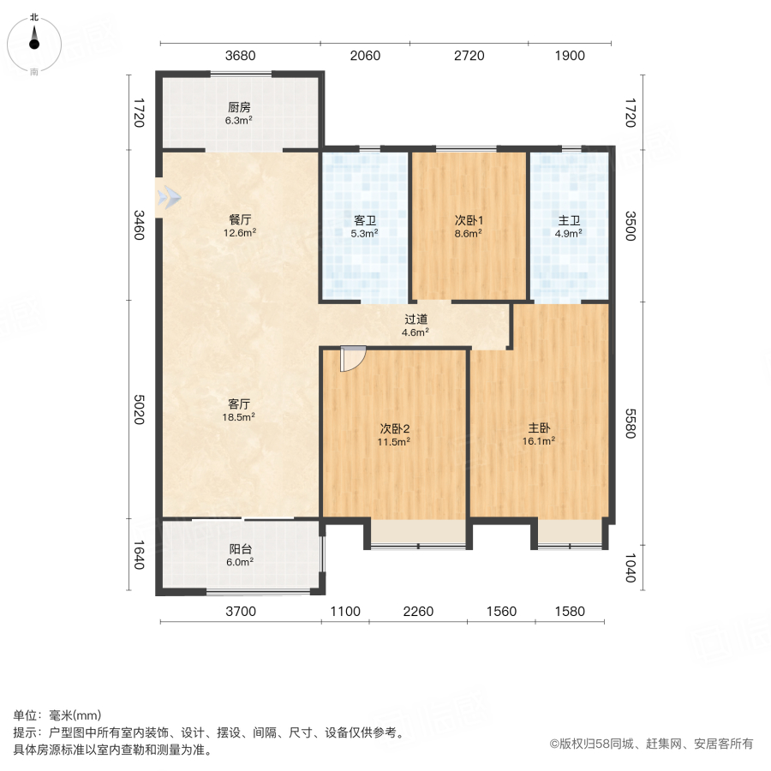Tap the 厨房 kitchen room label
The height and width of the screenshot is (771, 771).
tap(239, 108)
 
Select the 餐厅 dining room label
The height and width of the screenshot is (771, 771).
tap(239, 218)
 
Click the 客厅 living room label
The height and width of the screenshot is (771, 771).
tap(239, 403)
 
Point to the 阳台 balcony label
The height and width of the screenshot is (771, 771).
tap(239, 550)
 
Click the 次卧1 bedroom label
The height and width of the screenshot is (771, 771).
tap(468, 219)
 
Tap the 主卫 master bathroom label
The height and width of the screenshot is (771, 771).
tap(569, 219)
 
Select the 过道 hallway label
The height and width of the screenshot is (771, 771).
tap(416, 320)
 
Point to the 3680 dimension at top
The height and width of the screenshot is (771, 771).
tap(241, 57)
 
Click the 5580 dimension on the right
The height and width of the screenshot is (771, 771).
tap(631, 423)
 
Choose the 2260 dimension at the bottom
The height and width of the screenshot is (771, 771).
tap(419, 612)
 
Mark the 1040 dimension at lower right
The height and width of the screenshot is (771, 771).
tap(631, 566)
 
